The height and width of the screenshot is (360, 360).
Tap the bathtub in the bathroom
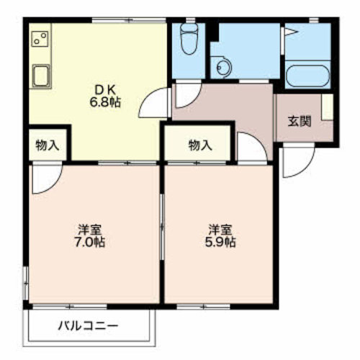pyautogui.click(x=308, y=75)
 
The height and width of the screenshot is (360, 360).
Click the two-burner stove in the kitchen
pyautogui.click(x=40, y=39)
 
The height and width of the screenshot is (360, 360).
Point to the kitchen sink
pyautogui.click(x=41, y=76)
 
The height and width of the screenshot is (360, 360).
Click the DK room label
pyautogui.click(x=105, y=90)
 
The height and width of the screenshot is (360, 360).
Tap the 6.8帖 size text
pyautogui.click(x=105, y=102)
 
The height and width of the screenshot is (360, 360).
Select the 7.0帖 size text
pyautogui.click(x=89, y=242)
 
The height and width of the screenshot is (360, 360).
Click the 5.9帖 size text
pyautogui.click(x=220, y=242)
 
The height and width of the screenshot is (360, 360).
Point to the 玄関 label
pyautogui.click(x=300, y=122)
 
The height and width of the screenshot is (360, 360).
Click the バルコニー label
pyautogui.click(x=89, y=326)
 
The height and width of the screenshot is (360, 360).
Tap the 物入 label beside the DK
pyautogui.click(x=48, y=145)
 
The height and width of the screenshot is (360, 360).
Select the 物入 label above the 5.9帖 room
pyautogui.click(x=200, y=145)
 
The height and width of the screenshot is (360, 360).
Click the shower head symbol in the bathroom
pyautogui.click(x=291, y=32)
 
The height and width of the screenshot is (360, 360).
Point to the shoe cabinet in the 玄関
pyautogui.click(x=327, y=107)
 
